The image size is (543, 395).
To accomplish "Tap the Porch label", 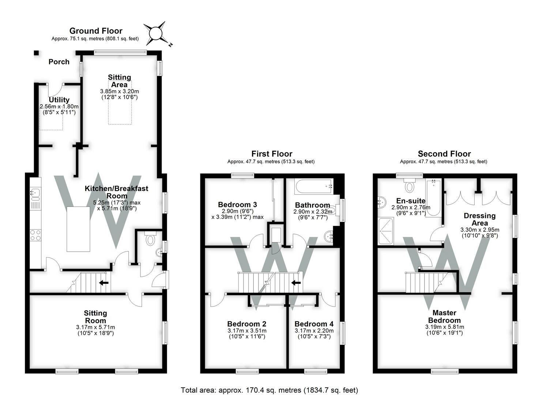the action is pos(59,62).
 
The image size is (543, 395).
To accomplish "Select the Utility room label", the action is pos(59,99).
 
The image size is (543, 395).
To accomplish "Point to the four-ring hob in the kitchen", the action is pos(35,235).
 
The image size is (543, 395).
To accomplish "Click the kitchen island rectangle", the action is pos(78,229).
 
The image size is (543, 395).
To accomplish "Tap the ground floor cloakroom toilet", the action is pos(151,238).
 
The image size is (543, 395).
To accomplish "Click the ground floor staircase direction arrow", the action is pos(104,282).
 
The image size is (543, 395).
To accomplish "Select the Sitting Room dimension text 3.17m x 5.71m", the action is pos(95,327).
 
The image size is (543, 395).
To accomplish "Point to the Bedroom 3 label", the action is pos(237,204).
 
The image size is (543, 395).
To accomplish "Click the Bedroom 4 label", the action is pos(314,324).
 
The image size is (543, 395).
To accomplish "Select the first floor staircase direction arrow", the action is pos(296,282).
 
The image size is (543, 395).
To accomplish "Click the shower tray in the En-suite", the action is pos(386,231).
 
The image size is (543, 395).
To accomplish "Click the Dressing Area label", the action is pos(479,219).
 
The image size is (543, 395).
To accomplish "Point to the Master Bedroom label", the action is pos(444,316).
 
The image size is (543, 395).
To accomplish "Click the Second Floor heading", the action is pos(444,154).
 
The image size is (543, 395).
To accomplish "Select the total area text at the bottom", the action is pos(269,390).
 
